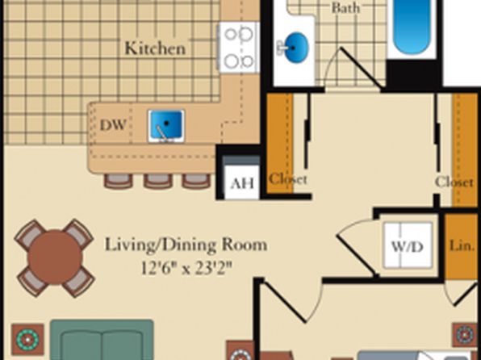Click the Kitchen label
click(155, 48)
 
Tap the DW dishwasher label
click(113, 125)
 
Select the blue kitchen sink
click(166, 126)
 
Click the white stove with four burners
click(240, 48)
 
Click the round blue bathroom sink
click(294, 48)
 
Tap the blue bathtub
click(412, 27)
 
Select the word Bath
click(345, 8)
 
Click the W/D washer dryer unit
click(408, 245)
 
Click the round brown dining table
click(55, 257)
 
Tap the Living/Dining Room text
click(186, 245)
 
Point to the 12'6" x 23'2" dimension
click(186, 268)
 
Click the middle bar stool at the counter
click(158, 181)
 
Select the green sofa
click(102, 340)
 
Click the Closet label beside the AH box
click(288, 179)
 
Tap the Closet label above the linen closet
click(454, 182)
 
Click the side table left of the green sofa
click(27, 340)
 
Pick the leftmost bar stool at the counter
click(119, 181)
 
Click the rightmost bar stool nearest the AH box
click(196, 181)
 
